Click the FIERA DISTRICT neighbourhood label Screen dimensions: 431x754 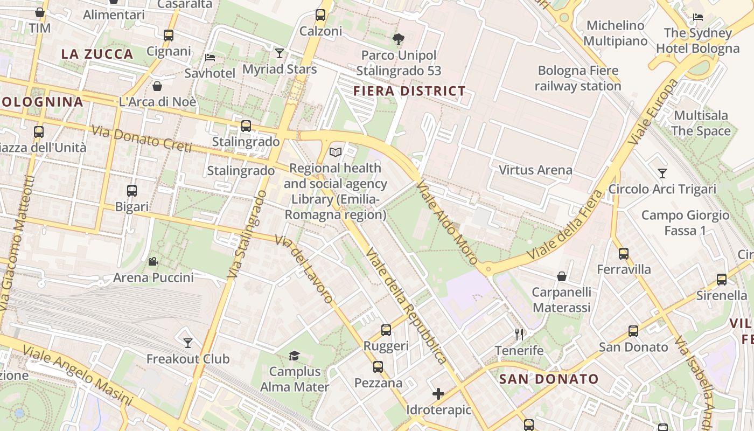pos(409,91)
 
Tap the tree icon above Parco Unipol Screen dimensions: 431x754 pos(399,39)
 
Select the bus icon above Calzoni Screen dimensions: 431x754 pos(320,15)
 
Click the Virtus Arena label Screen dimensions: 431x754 pos(535,170)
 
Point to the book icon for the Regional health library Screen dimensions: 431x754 pos(336,152)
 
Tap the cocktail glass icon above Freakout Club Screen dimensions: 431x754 pos(188,343)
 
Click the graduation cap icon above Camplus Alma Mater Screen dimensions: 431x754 pos(294,356)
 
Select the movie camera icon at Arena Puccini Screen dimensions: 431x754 pos(153,262)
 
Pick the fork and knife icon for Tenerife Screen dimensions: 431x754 pos(519,335)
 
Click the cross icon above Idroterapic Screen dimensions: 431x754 pos(438,394)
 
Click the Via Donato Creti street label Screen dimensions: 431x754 pos(142,138)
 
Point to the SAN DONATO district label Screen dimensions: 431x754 pos(549,379)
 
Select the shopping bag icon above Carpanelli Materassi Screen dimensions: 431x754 pos(562,276)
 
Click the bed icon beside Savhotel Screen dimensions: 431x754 pos(210,57)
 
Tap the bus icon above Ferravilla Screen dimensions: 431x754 pos(624,253)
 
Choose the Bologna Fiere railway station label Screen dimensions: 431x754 pos(578,78)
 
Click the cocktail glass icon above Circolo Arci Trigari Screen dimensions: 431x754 pos(662,173)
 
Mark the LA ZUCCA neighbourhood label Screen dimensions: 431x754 pos(97,54)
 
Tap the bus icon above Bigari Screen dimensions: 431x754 pos(132,191)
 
